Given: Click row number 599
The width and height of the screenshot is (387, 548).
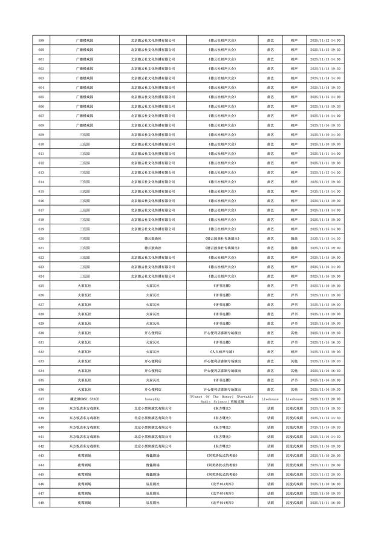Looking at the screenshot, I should tap(41, 41).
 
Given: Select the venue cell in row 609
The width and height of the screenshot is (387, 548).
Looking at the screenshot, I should tap(85, 134).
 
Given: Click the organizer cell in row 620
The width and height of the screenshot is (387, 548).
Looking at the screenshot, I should tap(153, 238).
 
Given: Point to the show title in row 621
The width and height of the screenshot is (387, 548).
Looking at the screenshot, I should tap(222, 248).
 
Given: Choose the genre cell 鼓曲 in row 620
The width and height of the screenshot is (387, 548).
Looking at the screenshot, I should tap(294, 238).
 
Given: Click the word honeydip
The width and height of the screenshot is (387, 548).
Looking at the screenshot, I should tap(153, 399).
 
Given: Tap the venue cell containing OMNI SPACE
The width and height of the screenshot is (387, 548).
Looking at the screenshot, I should tap(85, 399).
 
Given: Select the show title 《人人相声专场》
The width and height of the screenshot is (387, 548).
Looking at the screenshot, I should tap(222, 351).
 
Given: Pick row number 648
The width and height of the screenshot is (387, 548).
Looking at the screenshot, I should tap(41, 503).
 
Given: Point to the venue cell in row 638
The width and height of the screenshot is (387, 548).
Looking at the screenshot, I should tap(85, 408).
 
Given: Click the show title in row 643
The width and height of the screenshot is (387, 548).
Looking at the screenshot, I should tap(222, 455).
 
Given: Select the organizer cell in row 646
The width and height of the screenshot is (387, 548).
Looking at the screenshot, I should tap(153, 484).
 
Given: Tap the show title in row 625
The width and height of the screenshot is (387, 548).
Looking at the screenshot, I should tap(222, 285).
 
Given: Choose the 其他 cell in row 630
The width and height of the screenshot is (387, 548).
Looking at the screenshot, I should tap(294, 333).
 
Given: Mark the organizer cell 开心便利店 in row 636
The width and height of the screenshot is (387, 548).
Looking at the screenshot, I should tap(153, 390).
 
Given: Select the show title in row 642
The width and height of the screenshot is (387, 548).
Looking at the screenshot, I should tap(222, 446).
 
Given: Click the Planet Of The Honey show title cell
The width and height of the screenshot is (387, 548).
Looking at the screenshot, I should tap(222, 399).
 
